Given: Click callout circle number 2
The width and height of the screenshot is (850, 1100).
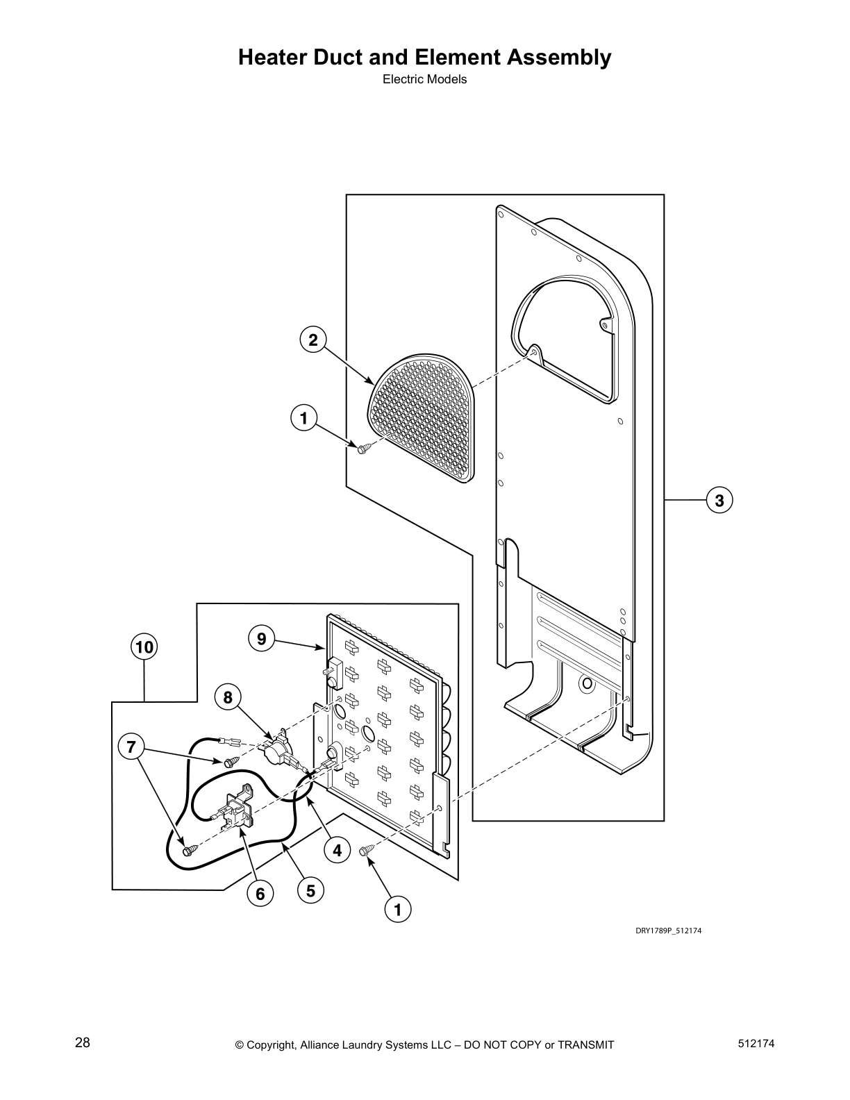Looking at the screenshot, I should (x=312, y=340).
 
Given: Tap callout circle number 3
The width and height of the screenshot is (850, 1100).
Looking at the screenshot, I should (x=719, y=500).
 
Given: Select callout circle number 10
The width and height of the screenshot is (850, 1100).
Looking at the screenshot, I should (x=144, y=648).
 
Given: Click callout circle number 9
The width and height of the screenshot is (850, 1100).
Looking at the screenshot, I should (x=262, y=638).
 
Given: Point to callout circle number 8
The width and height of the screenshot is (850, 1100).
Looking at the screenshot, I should (x=228, y=696).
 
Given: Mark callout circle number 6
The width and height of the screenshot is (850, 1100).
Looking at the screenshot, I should (x=260, y=894).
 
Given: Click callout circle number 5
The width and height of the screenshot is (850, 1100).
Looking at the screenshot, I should (x=310, y=890).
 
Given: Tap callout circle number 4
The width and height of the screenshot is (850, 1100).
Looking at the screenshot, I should (x=336, y=850).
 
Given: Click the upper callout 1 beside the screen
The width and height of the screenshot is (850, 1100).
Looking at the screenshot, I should (x=303, y=419).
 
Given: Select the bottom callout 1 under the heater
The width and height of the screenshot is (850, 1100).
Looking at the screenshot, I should (x=398, y=909).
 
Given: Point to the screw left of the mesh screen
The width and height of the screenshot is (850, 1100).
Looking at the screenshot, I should (x=363, y=449).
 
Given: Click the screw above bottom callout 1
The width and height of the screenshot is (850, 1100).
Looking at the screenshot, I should (x=367, y=850).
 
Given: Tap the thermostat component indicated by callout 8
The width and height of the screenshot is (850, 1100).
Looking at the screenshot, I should (x=276, y=747).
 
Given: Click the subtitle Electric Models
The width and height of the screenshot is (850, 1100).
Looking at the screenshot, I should (x=424, y=79).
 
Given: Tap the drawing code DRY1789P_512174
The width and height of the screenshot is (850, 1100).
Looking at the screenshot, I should (x=668, y=931).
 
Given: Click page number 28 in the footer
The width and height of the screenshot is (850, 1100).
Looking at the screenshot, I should (x=82, y=1044).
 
